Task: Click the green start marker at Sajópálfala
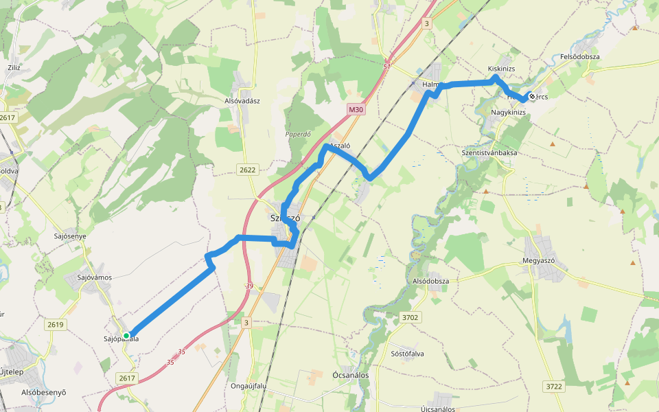[x=126, y=336]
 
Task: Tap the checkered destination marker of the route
[x=531, y=97]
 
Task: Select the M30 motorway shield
[x=355, y=109]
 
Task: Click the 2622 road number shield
[x=248, y=170]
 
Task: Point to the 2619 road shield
[x=56, y=325]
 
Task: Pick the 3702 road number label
[x=410, y=317]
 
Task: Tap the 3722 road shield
[x=554, y=387]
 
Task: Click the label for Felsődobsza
[x=580, y=56]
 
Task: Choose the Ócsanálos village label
[x=350, y=376]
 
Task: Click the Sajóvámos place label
[x=95, y=277]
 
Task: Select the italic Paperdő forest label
[x=299, y=135]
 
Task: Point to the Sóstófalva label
[x=407, y=354]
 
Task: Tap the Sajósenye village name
[x=70, y=236]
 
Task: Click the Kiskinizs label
[x=501, y=69]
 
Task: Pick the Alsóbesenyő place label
[x=44, y=393]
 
